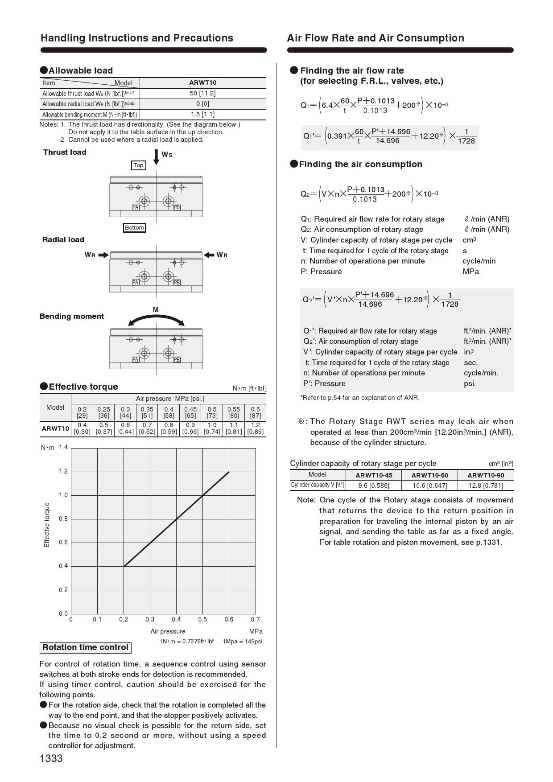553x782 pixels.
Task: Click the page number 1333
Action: click(x=51, y=758)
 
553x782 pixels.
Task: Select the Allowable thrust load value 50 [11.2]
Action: click(x=202, y=93)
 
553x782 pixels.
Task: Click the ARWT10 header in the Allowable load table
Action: click(x=202, y=82)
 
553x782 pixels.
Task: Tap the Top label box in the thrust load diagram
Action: click(x=138, y=165)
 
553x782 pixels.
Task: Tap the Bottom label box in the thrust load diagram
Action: click(x=134, y=227)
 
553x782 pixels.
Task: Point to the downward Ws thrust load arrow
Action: click(x=156, y=157)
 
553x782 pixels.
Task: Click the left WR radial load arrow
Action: click(x=103, y=255)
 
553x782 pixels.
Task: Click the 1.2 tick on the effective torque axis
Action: click(x=63, y=471)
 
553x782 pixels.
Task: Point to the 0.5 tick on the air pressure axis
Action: click(x=202, y=619)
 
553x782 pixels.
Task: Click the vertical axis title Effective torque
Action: click(x=47, y=525)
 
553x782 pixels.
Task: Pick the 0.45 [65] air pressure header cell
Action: click(x=190, y=412)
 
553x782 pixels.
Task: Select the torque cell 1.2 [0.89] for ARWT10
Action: click(x=255, y=428)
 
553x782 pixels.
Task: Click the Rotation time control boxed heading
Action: click(x=85, y=647)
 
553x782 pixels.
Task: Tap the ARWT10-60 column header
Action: click(x=429, y=475)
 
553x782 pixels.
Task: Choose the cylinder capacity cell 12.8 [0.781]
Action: click(x=486, y=485)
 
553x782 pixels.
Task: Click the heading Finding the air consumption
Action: click(x=360, y=164)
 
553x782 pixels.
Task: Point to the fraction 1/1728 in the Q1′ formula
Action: click(x=466, y=136)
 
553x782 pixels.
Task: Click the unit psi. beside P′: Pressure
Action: click(x=470, y=383)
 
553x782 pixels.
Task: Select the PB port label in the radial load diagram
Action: click(x=177, y=282)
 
